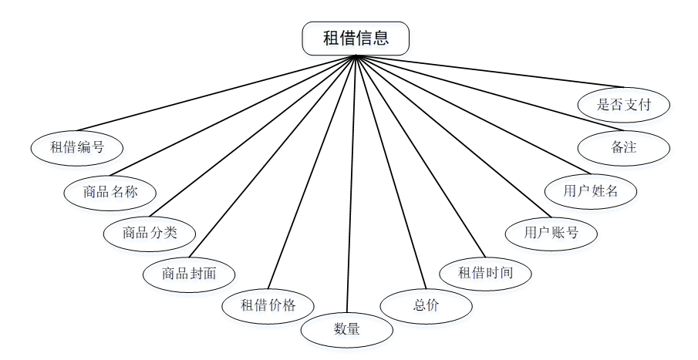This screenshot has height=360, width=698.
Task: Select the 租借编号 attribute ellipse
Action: pyautogui.click(x=77, y=147)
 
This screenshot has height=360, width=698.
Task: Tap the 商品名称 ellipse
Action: pyautogui.click(x=110, y=192)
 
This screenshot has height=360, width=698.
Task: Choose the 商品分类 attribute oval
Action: pyautogui.click(x=150, y=233)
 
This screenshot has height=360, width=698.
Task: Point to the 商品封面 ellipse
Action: pyautogui.click(x=189, y=273)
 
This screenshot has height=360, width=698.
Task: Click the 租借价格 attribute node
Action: pyautogui.click(x=268, y=304)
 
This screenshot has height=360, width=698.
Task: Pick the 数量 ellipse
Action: pyautogui.click(x=347, y=329)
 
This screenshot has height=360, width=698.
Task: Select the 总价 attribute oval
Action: pyautogui.click(x=427, y=304)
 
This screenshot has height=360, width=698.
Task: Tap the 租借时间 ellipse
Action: pyautogui.click(x=485, y=272)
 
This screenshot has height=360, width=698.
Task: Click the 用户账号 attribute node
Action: pyautogui.click(x=551, y=232)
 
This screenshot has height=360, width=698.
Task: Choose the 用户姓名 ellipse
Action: pyautogui.click(x=591, y=191)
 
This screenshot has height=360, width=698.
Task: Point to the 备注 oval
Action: pyautogui.click(x=623, y=147)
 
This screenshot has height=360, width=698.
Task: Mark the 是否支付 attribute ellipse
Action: pyautogui.click(x=624, y=105)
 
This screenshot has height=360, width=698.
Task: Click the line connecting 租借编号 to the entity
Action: pyautogui.click(x=217, y=93)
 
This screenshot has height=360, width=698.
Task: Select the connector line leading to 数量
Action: pyautogui.click(x=351, y=185)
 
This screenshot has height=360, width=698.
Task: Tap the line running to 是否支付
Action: pyautogui.click(x=489, y=71)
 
